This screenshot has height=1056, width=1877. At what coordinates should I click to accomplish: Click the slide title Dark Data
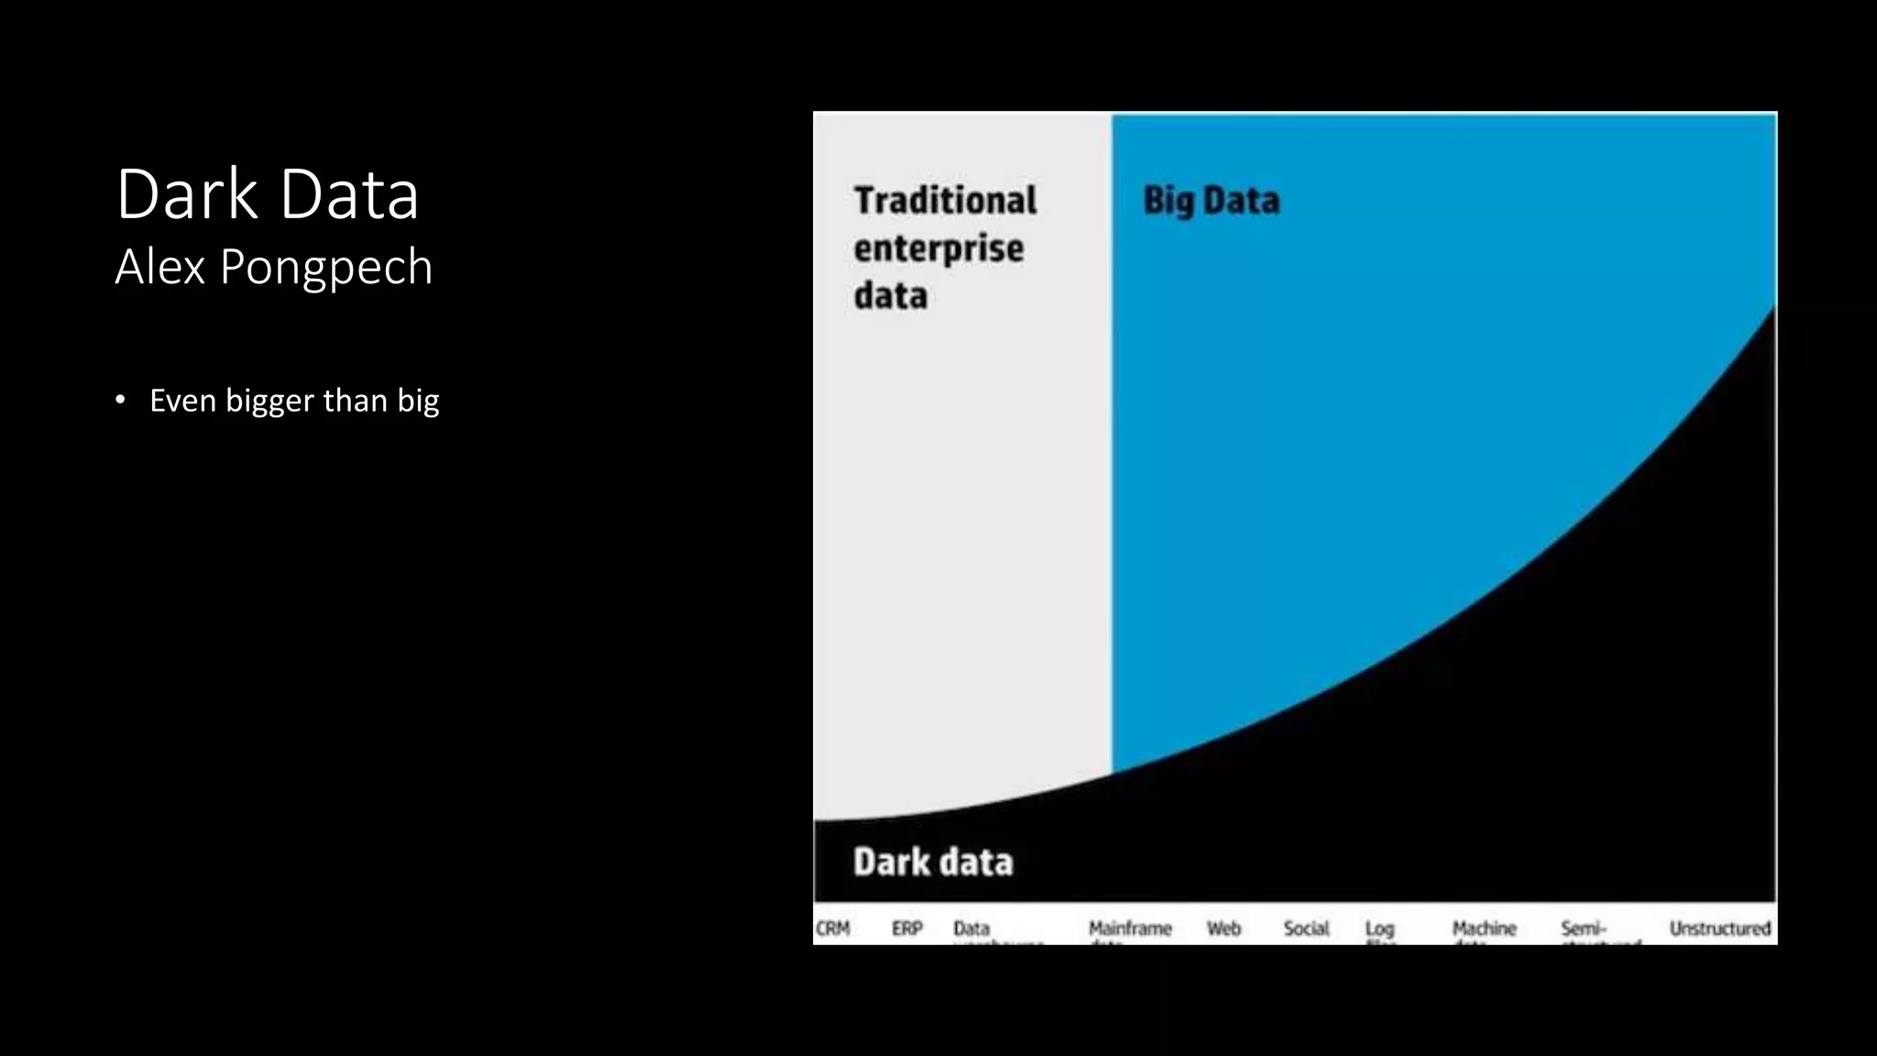click(267, 194)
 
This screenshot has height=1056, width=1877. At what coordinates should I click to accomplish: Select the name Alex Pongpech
click(273, 267)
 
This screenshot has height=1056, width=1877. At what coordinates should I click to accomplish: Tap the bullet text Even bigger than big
click(294, 401)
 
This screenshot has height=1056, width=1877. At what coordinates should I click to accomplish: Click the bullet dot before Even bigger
click(120, 400)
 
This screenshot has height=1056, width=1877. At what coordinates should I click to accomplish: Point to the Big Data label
click(1211, 201)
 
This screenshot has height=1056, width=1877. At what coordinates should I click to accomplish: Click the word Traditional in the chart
click(945, 201)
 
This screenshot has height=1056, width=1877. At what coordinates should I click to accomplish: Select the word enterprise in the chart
click(938, 248)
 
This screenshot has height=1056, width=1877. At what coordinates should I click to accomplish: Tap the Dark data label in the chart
click(933, 862)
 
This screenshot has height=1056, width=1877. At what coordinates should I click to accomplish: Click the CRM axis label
click(833, 929)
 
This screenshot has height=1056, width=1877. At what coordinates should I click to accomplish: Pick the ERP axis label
click(907, 929)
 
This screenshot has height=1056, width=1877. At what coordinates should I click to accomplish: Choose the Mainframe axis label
click(1130, 929)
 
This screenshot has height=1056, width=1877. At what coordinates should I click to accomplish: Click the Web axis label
click(1224, 929)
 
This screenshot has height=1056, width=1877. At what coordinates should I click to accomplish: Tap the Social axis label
click(1306, 929)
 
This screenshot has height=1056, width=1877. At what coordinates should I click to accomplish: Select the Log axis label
click(1379, 929)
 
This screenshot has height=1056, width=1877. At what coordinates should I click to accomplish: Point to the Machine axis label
click(1484, 929)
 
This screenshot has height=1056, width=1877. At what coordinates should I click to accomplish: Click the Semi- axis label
click(1584, 929)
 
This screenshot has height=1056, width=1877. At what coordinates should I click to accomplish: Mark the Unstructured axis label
click(1719, 929)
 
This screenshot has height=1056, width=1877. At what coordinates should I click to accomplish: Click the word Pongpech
click(325, 268)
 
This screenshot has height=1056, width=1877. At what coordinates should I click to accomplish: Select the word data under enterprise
click(891, 296)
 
